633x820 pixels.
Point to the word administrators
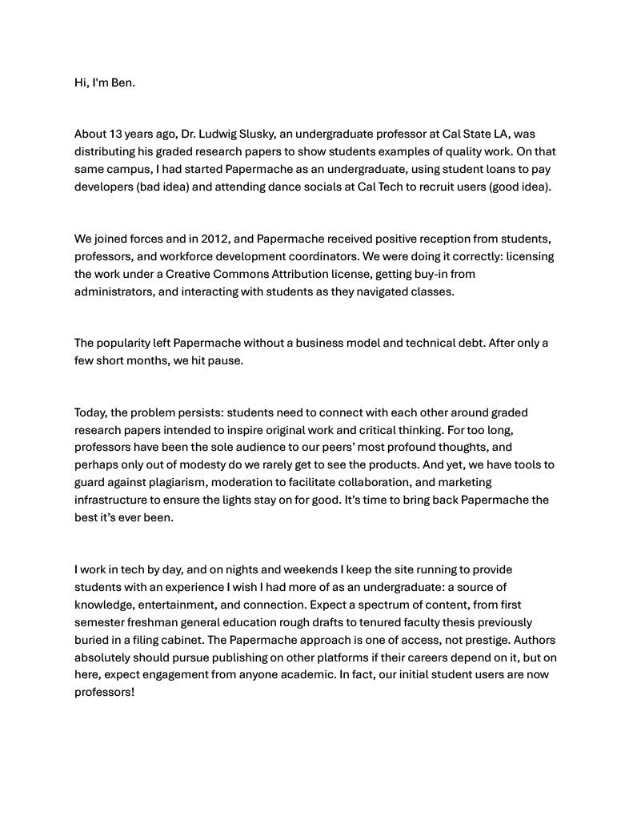click(x=114, y=291)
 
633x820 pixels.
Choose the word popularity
click(x=126, y=343)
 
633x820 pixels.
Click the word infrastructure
click(x=112, y=500)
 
